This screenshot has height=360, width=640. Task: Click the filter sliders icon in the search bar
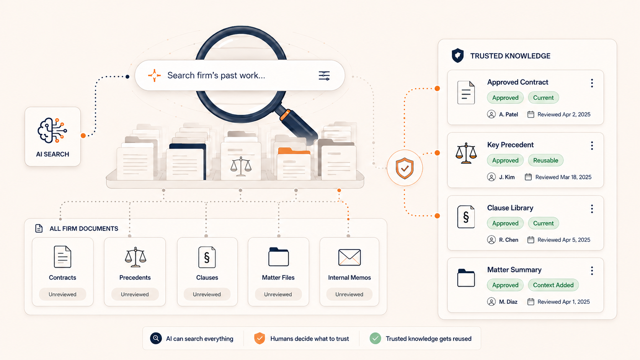[x=324, y=76]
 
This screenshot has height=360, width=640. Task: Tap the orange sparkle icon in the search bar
[x=154, y=75]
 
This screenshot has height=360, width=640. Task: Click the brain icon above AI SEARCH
[x=52, y=130]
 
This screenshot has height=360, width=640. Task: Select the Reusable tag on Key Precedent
[x=545, y=160]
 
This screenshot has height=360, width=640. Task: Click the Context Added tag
[x=553, y=285]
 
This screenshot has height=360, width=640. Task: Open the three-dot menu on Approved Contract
[x=592, y=83]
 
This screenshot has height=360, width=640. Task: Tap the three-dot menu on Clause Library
[x=592, y=209]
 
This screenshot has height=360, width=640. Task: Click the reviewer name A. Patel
[x=508, y=114]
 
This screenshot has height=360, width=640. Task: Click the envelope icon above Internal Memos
[x=349, y=257]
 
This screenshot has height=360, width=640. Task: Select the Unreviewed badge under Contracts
[x=62, y=294]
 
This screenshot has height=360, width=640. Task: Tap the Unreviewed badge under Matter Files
[x=278, y=294]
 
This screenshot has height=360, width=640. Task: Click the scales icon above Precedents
[x=136, y=257]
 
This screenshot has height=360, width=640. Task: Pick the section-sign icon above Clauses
[x=207, y=257]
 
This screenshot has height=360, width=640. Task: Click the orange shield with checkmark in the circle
[x=405, y=168]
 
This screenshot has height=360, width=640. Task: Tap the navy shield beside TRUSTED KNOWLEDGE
[x=457, y=55]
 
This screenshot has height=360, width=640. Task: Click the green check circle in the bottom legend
[x=375, y=338]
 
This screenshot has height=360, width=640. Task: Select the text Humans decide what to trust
[x=309, y=339]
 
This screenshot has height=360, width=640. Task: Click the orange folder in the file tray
[x=294, y=164]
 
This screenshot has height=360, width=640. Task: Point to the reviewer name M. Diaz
[x=508, y=302]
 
